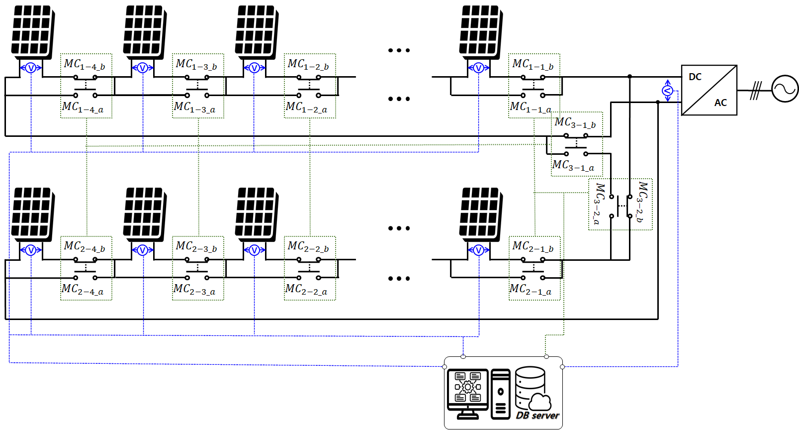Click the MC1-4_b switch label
[x=85, y=65]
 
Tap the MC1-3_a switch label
[x=194, y=108]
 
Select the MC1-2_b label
[x=308, y=65]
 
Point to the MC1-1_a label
[x=531, y=108]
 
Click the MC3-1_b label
[x=575, y=123]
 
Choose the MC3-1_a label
[x=573, y=166]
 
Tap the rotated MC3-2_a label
[x=599, y=204]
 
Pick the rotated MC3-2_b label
[x=642, y=202]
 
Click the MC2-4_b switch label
[x=85, y=247]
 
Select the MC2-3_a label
[x=194, y=290]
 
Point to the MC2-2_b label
[x=308, y=247]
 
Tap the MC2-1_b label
[x=533, y=247]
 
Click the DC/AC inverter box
[x=709, y=90]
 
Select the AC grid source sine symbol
[x=785, y=89]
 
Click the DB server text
[x=537, y=416]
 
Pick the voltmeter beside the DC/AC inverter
[x=667, y=91]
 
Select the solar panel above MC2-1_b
[x=480, y=213]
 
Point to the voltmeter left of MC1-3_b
[x=142, y=68]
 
